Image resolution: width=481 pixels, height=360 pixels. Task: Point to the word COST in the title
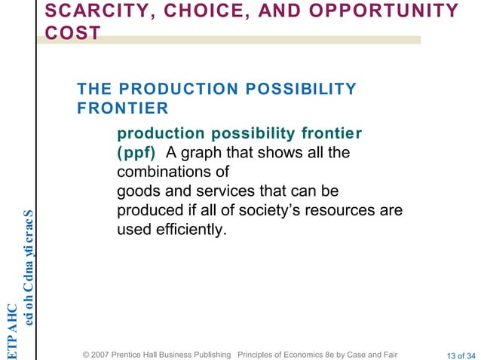73,34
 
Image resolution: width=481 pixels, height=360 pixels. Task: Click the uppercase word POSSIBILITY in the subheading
291,90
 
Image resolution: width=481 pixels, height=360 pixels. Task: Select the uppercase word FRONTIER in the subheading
117,108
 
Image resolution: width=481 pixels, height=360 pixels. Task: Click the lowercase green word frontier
331,134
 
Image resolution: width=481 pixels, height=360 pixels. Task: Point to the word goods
139,191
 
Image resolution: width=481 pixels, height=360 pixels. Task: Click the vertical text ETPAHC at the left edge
11,331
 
